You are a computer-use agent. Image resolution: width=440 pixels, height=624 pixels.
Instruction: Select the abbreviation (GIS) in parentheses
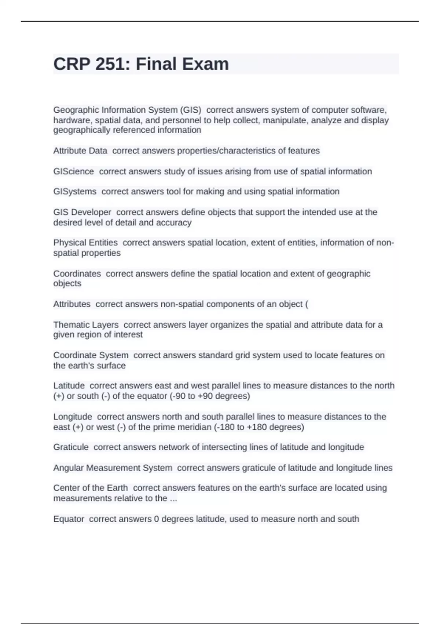point(190,110)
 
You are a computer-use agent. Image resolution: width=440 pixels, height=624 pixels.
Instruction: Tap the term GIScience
point(74,171)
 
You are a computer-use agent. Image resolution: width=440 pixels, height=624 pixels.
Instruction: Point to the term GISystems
point(75,192)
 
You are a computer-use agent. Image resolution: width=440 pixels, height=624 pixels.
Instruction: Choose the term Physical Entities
point(85,243)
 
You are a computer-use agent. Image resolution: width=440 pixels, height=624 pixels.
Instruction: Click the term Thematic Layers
point(86,325)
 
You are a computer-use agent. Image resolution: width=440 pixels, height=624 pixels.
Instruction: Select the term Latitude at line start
point(69,386)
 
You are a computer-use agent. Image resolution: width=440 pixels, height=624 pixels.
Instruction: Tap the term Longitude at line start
point(73,417)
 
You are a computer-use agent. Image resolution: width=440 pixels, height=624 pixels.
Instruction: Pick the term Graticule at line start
point(71,447)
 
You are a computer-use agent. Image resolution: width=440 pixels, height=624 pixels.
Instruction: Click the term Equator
point(69,519)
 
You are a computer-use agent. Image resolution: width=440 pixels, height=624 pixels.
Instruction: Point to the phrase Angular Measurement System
point(113,468)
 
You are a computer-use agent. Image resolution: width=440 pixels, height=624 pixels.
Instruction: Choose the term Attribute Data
point(80,151)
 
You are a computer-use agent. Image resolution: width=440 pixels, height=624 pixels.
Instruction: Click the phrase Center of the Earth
point(91,488)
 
